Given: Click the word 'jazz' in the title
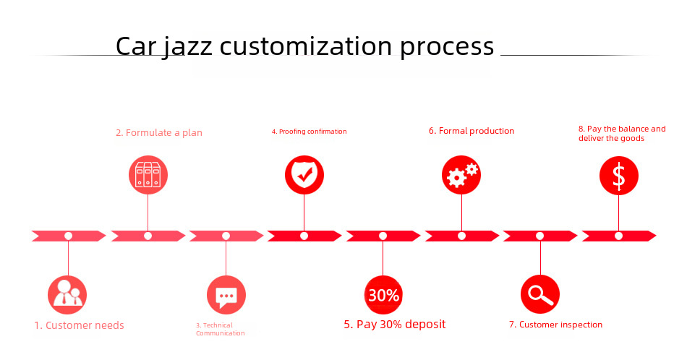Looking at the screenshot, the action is [x=187, y=47].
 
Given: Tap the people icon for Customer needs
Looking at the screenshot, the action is [x=67, y=295].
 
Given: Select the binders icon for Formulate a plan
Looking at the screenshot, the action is [x=148, y=175].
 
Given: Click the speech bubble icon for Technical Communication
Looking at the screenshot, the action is [x=226, y=295].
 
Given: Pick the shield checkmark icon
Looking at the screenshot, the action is [x=304, y=175].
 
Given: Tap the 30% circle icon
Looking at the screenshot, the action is [x=383, y=295].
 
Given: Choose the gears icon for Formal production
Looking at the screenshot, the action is [x=461, y=175].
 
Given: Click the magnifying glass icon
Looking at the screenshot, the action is [x=539, y=294].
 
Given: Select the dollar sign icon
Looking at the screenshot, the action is [x=618, y=176].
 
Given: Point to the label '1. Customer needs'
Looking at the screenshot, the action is [x=79, y=325].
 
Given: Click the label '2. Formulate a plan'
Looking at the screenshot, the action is [x=159, y=133].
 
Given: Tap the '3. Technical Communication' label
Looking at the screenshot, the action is [x=221, y=329].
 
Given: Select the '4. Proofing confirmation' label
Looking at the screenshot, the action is [x=309, y=132].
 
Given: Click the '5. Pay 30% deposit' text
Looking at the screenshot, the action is [x=394, y=324].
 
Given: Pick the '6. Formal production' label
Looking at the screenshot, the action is [x=471, y=131].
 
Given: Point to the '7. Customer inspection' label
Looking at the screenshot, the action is [x=555, y=325].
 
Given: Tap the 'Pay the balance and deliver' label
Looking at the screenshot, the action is [x=622, y=134].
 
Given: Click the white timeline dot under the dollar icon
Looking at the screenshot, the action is [x=618, y=236].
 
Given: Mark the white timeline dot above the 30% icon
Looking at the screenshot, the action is [x=383, y=236].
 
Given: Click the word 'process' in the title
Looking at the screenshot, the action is [x=447, y=47].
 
